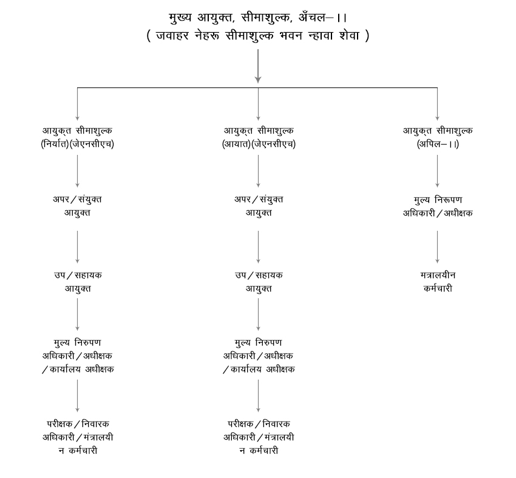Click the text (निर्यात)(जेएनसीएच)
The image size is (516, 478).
point(77,145)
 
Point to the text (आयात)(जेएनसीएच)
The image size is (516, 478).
point(259,145)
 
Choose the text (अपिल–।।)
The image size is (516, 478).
point(438,145)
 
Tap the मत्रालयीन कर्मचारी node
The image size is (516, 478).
point(438,281)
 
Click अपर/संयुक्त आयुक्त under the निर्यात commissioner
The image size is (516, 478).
point(77,206)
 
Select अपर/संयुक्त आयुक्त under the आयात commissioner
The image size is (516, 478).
point(259,206)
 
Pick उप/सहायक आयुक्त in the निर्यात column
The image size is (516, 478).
point(77,281)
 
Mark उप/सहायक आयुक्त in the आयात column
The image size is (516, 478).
point(259,281)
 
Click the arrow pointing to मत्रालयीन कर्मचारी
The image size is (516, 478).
point(438,246)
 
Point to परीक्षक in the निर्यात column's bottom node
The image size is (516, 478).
point(60,423)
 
